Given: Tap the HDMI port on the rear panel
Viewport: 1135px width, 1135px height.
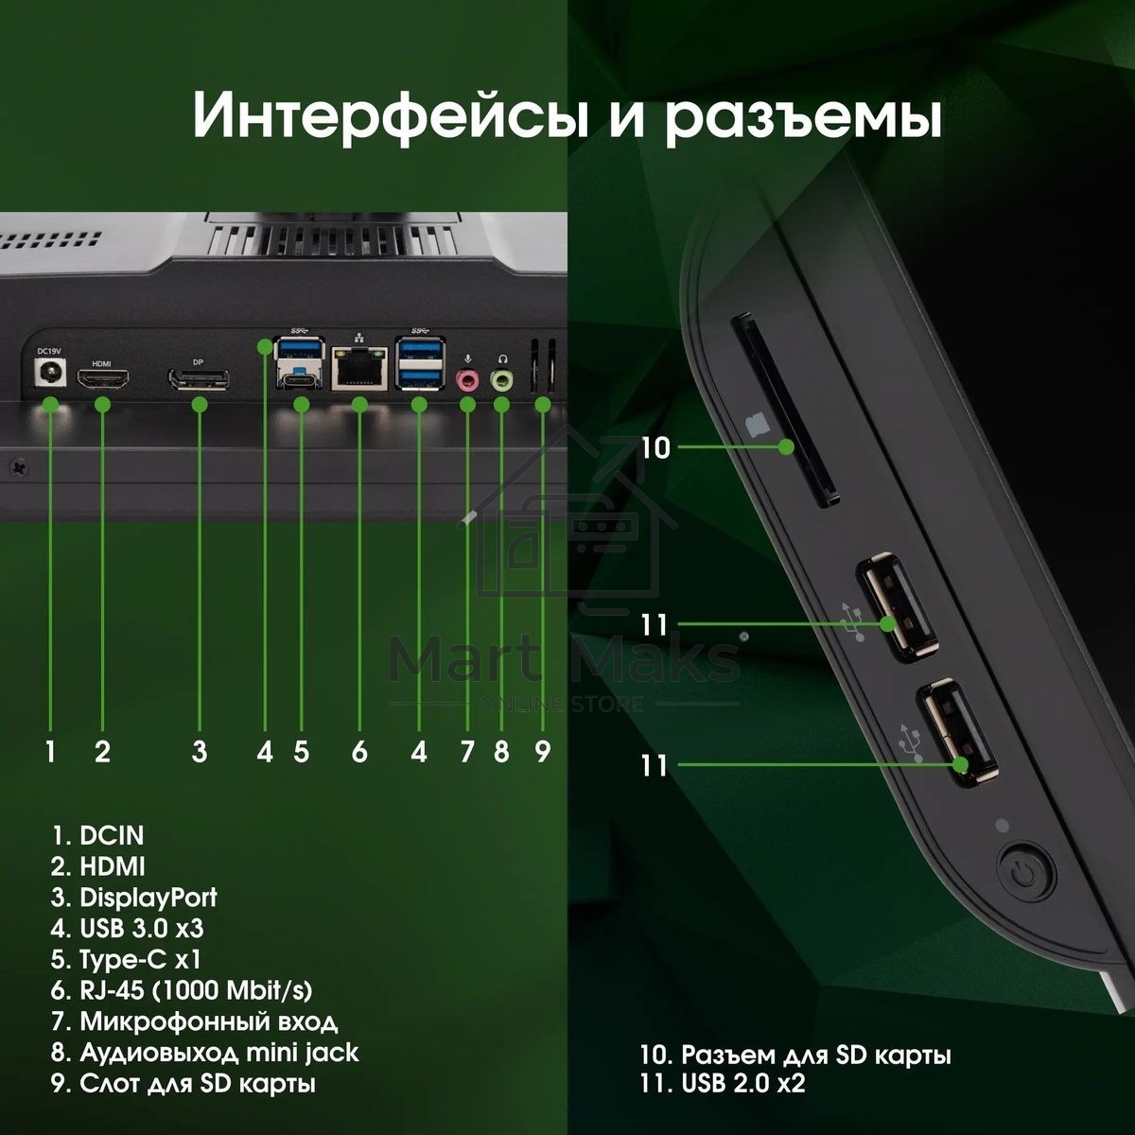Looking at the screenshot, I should coord(102,381).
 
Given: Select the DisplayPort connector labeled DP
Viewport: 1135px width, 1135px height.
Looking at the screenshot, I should coord(199,380).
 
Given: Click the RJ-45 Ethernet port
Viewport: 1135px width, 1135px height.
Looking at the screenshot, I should coord(359,369).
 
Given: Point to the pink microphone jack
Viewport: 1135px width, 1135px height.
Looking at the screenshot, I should coord(466,380).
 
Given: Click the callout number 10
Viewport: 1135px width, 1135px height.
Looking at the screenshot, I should coord(655,447).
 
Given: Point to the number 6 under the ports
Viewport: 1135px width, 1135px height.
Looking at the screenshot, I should coord(359,752).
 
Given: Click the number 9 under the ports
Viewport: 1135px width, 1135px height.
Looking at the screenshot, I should coord(542,752).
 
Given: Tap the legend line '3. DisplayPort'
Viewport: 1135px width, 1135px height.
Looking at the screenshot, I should coord(134,897).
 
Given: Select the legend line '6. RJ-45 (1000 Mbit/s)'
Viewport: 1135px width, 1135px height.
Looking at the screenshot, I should coord(182,990).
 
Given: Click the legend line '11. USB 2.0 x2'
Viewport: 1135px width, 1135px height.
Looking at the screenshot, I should coord(723,1084).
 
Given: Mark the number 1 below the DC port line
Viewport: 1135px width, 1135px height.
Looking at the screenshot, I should coord(50,752).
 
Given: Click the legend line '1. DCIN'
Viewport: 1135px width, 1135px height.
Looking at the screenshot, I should coord(98,835).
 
